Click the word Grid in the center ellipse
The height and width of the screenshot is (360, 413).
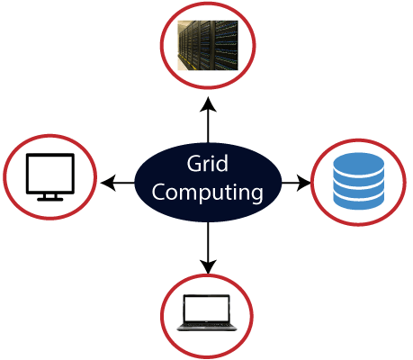[207, 165]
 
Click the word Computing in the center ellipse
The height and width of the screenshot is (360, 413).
[207, 192]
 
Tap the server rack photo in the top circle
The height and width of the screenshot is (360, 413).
[207, 45]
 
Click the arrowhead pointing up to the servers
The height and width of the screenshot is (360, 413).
[207, 104]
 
